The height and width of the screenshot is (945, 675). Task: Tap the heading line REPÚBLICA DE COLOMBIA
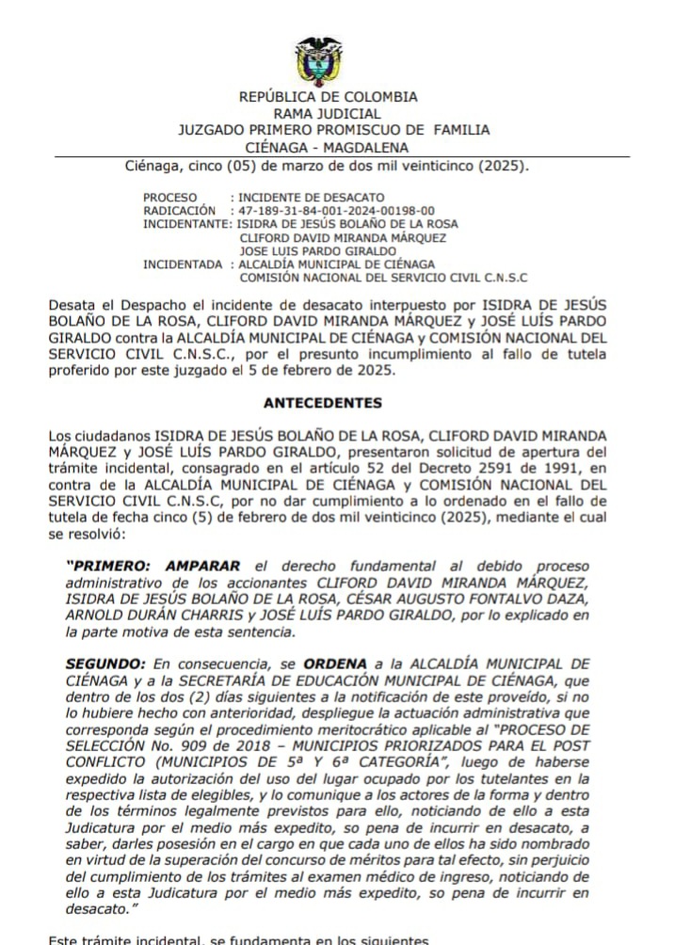328,97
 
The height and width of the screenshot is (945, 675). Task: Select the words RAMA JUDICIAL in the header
327,114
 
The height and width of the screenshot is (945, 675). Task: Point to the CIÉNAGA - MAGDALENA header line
327,148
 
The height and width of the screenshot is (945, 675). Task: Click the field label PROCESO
170,198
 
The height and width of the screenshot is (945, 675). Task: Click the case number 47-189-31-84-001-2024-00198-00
336,211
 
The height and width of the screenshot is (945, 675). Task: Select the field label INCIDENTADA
183,264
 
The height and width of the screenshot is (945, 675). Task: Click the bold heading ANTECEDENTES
323,403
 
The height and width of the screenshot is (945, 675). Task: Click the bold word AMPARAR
202,566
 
